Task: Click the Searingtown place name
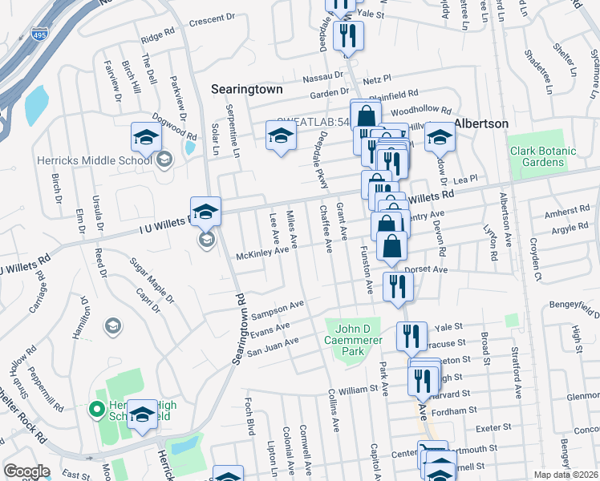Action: click(246, 90)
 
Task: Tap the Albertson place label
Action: click(481, 123)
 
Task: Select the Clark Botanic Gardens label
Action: click(543, 156)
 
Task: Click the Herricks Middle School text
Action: click(94, 160)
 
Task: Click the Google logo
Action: click(26, 471)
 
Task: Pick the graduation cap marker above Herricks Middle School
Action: click(146, 138)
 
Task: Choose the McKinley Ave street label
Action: click(261, 253)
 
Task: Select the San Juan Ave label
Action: click(272, 345)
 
